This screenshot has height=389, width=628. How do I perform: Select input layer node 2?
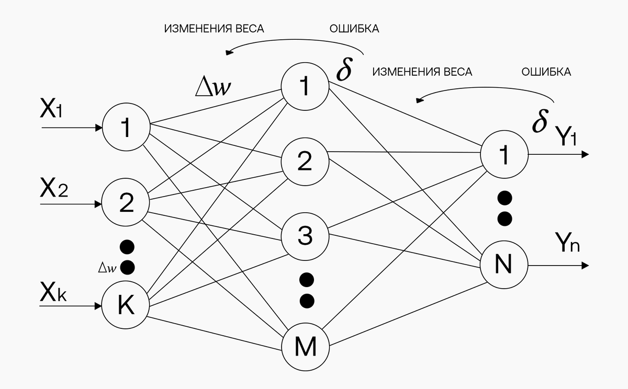pyautogui.click(x=126, y=203)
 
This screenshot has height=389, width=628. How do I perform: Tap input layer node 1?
pyautogui.click(x=126, y=128)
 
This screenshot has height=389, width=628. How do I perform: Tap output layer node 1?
pyautogui.click(x=504, y=155)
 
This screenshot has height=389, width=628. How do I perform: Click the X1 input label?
pyautogui.click(x=51, y=110)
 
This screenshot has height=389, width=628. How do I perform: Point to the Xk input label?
pyautogui.click(x=53, y=294)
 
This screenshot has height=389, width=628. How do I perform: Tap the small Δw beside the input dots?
pyautogui.click(x=107, y=268)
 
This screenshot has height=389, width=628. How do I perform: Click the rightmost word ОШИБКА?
pyautogui.click(x=546, y=72)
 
